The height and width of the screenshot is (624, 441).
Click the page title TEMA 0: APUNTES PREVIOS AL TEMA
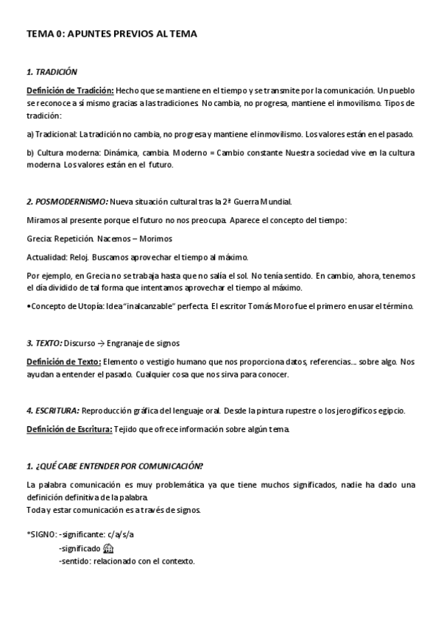tap(111, 34)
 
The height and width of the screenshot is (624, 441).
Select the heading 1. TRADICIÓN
tap(52, 72)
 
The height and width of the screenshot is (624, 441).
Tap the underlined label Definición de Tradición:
tap(70, 90)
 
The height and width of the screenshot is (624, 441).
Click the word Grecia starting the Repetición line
tap(38, 239)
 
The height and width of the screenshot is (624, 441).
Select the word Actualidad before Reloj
tap(47, 257)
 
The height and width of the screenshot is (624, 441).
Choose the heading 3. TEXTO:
tap(44, 343)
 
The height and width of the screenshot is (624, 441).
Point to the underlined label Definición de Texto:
tap(63, 361)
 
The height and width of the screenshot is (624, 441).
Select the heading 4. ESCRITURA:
tap(53, 410)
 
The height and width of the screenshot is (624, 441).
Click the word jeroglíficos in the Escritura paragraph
tap(344, 410)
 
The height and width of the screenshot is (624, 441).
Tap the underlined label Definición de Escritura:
tap(69, 429)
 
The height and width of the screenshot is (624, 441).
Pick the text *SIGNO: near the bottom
tap(40, 533)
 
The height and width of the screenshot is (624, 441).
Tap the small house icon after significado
tap(109, 548)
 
